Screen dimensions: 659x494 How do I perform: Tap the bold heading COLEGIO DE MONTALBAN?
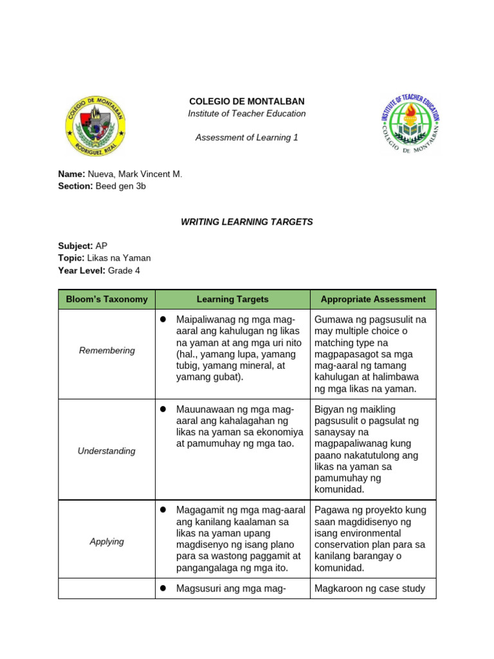tap(246, 102)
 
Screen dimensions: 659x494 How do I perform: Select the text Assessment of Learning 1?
tap(246, 138)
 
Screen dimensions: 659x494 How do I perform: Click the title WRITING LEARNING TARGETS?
tap(246, 222)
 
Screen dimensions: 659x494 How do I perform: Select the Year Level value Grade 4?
tap(124, 270)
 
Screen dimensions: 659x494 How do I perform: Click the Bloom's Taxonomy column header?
tap(107, 299)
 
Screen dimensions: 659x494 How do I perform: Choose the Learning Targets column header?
tap(232, 299)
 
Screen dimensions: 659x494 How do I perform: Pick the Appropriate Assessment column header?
tap(373, 299)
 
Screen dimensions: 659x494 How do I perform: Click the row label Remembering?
tap(107, 351)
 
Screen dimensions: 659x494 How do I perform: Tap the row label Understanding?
tap(107, 451)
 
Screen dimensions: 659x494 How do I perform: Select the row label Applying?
tap(107, 542)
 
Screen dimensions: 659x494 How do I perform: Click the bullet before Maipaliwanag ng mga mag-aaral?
tap(163, 320)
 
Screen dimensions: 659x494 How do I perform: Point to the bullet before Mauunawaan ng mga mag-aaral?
tap(163, 409)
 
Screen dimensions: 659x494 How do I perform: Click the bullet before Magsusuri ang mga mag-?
tap(163, 588)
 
